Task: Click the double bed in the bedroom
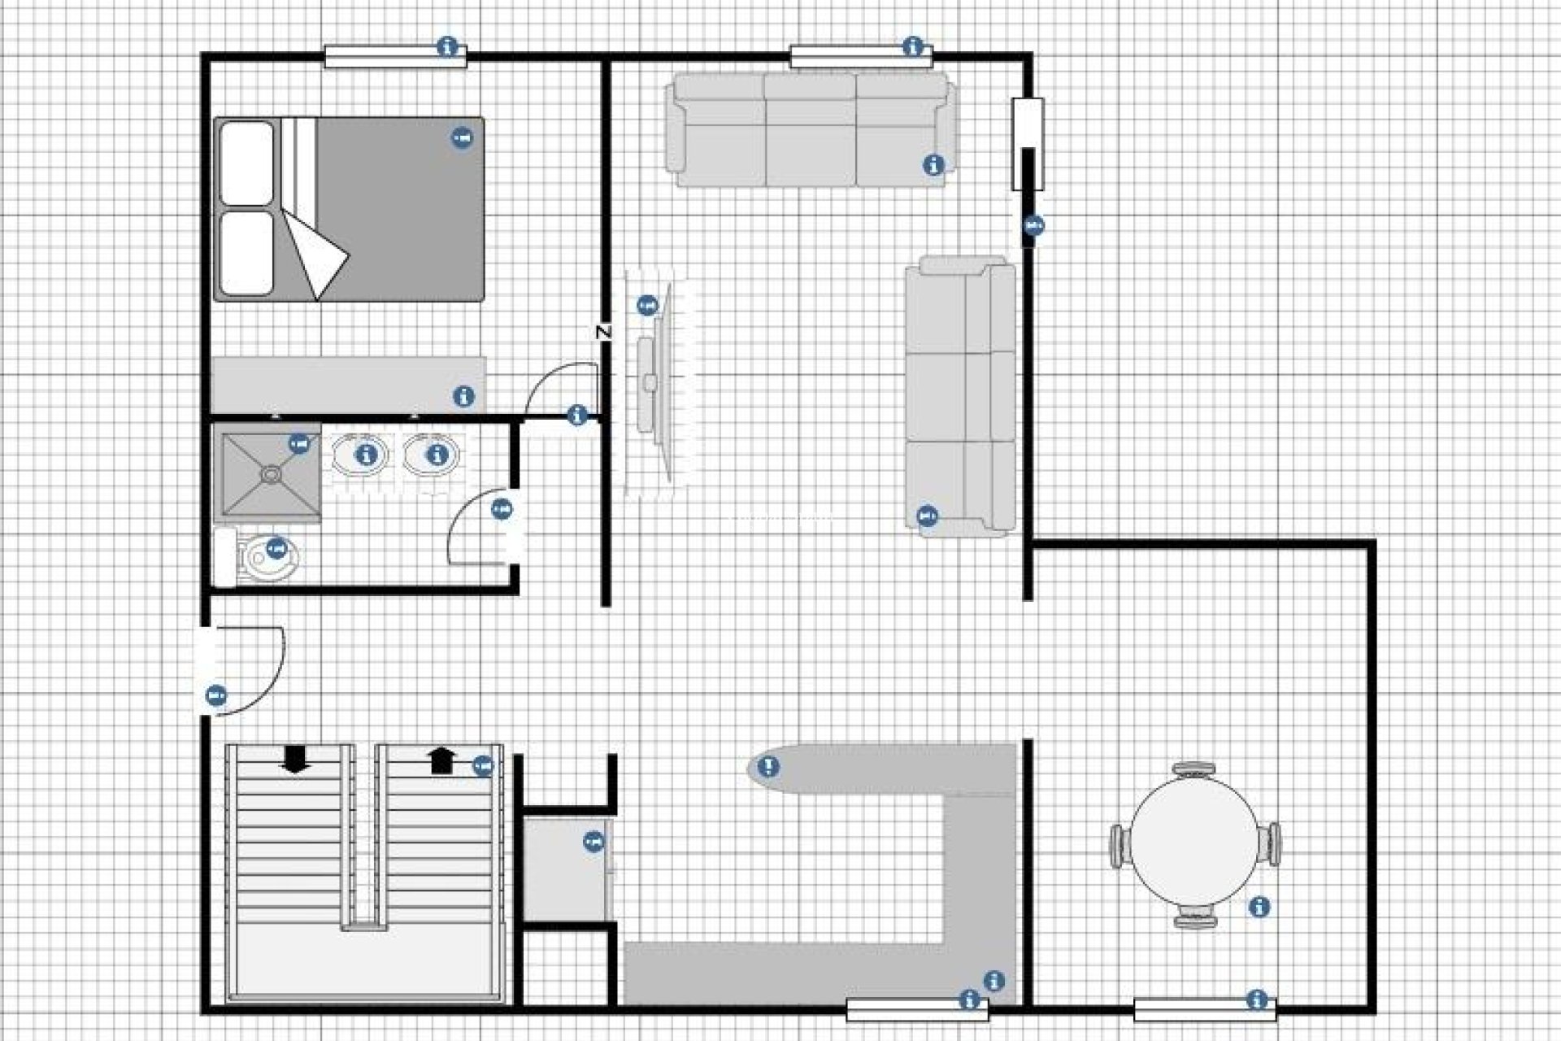382,209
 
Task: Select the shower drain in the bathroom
270,471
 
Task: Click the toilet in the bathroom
268,557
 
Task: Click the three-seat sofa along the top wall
811,130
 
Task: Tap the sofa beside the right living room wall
961,396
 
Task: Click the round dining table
1195,844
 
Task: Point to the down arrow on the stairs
294,759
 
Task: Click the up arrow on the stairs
441,760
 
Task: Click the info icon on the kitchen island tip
768,766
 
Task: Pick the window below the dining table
1204,1009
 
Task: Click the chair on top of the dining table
1195,769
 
